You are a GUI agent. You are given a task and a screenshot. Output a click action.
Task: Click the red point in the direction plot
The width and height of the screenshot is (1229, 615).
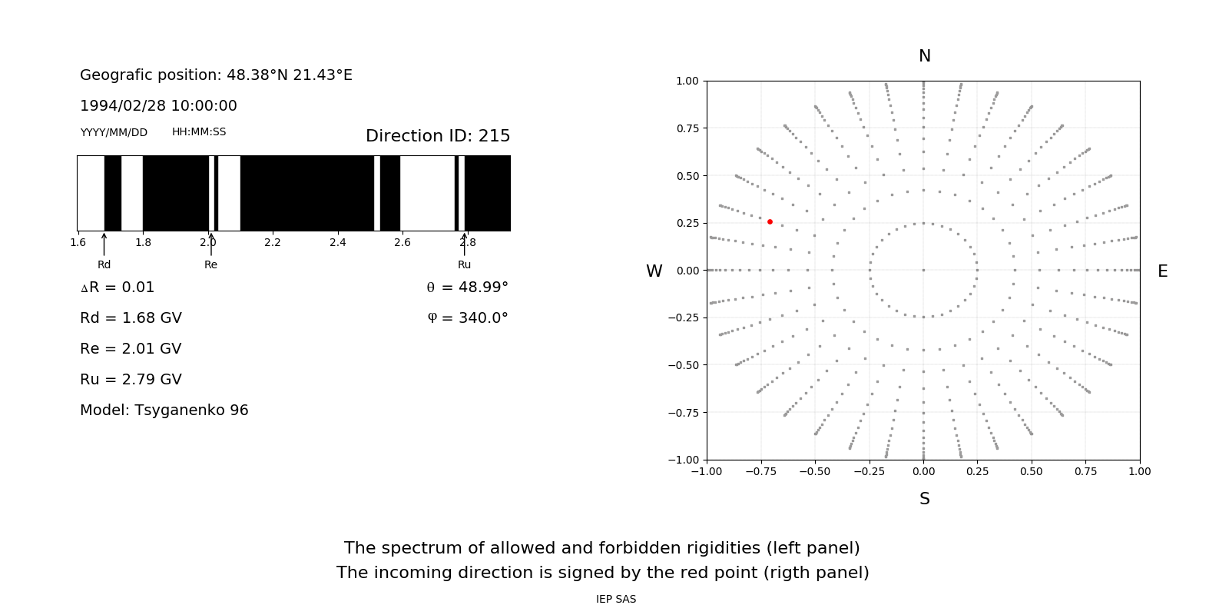(770, 221)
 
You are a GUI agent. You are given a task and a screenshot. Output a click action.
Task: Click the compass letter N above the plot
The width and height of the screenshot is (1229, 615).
(925, 56)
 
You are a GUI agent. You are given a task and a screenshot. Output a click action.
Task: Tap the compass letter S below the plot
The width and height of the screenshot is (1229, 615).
(925, 499)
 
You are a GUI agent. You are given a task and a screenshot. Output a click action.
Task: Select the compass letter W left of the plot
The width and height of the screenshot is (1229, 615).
(654, 271)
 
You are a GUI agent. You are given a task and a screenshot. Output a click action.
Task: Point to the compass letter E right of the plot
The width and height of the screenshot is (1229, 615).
(1162, 271)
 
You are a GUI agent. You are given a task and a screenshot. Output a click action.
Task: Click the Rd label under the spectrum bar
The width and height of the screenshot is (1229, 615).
(104, 264)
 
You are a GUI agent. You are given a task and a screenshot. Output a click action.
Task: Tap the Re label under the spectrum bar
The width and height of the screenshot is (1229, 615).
(210, 264)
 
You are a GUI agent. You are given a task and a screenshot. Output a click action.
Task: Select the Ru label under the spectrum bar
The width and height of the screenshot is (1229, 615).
(464, 264)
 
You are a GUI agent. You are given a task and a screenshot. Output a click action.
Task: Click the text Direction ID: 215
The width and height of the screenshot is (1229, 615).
(438, 136)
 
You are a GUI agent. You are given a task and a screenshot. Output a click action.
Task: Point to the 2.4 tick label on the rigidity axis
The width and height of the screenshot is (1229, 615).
(337, 242)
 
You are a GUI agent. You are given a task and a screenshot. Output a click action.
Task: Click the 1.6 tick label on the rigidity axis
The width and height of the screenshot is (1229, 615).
(78, 242)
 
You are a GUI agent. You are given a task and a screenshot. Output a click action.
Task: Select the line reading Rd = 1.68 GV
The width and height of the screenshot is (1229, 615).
(131, 317)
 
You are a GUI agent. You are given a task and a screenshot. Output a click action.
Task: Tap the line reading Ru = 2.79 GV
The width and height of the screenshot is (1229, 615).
(131, 379)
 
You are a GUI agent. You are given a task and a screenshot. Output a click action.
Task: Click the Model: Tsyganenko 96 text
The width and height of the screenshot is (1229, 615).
(164, 410)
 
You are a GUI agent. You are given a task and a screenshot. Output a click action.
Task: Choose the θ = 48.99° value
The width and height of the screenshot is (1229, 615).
(467, 287)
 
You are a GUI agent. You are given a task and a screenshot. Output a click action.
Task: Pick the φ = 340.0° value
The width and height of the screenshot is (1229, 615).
(468, 317)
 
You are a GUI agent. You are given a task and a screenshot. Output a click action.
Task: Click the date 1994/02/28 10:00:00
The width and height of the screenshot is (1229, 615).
(158, 105)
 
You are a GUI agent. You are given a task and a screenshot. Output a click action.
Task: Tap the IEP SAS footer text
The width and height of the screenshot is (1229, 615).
(616, 599)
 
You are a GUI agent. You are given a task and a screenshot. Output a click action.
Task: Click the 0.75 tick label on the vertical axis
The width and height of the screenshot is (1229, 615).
(687, 128)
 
